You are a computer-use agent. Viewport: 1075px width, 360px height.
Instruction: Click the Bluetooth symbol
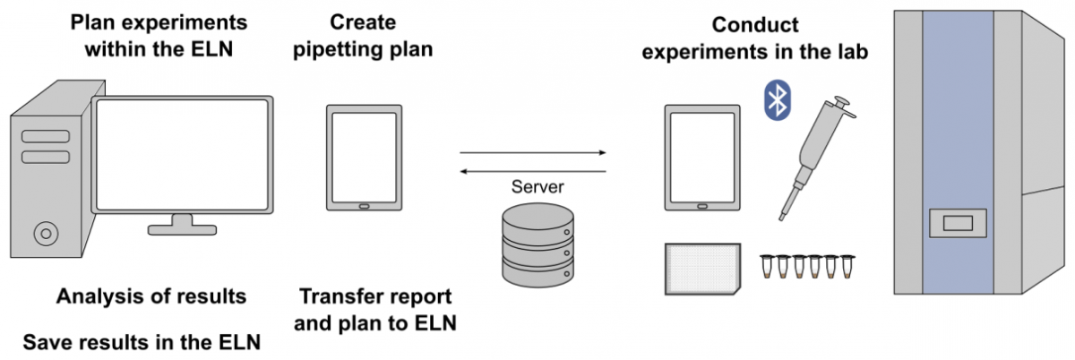(x=778, y=99)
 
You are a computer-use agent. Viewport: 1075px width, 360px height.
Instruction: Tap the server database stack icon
(x=534, y=241)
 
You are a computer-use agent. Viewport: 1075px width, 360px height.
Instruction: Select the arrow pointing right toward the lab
(x=533, y=153)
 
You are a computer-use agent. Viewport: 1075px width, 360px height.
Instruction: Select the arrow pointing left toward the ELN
(x=533, y=171)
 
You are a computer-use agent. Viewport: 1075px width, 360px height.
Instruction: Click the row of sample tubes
(x=804, y=267)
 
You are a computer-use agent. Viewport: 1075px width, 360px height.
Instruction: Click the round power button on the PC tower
(x=43, y=235)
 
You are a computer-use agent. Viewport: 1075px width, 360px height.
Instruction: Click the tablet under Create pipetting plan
(x=363, y=159)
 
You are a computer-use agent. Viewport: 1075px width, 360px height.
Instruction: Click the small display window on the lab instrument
(x=958, y=222)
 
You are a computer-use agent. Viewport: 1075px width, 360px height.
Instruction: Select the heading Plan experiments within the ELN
(x=159, y=34)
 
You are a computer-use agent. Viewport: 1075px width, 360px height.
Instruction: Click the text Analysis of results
(x=151, y=296)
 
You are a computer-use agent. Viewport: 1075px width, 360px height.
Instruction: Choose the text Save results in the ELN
(x=142, y=341)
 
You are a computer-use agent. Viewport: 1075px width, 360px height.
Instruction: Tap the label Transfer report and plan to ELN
(x=375, y=309)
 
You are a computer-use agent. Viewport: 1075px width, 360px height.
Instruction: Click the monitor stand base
(x=182, y=229)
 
